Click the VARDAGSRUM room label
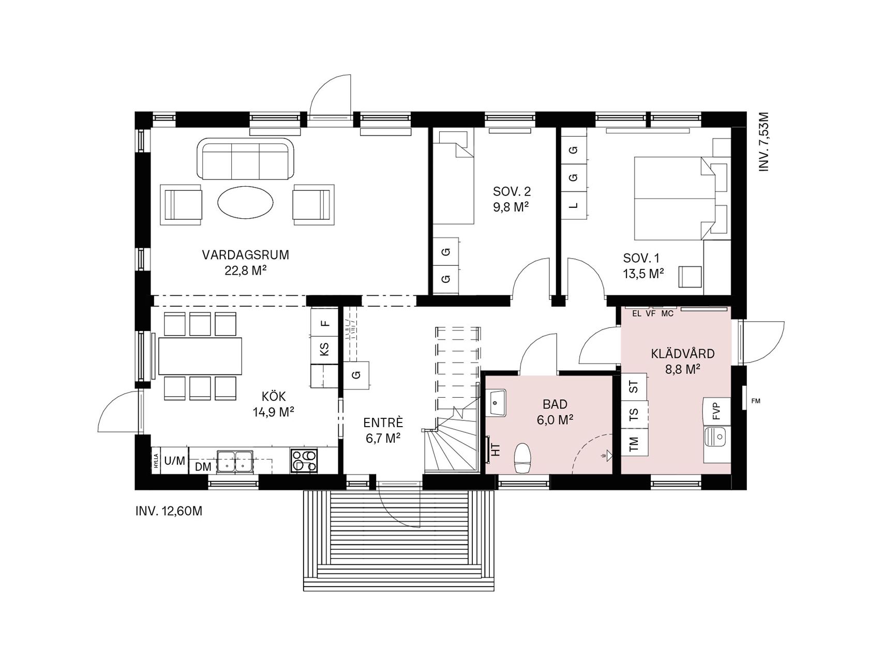pos(245,255)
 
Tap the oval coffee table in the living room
pos(245,202)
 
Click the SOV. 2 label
pos(512,191)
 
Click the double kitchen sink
pos(235,461)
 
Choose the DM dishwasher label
pos(203,467)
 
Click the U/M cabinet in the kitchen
pos(174,461)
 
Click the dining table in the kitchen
pos(200,356)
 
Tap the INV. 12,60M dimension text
pos(169,511)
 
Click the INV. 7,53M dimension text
pos(764,142)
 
